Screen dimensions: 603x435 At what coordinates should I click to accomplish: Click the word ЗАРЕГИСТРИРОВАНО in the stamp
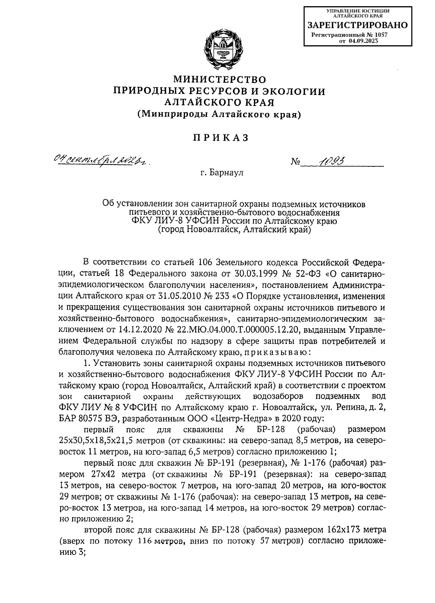[357, 25]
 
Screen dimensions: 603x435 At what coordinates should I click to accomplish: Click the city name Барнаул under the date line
[227, 173]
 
